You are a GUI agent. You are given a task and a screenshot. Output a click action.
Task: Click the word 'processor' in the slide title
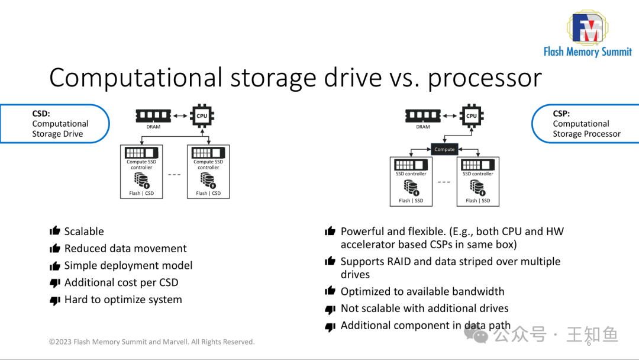tap(485, 78)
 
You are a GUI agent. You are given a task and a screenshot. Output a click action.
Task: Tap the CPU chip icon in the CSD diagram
tap(202, 115)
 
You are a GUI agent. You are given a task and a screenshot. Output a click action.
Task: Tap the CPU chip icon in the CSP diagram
tap(471, 115)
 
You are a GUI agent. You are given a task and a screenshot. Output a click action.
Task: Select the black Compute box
tap(444, 149)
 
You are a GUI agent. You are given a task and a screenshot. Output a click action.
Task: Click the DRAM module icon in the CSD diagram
tap(153, 115)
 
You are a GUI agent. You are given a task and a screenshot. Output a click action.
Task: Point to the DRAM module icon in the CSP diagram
tap(423, 115)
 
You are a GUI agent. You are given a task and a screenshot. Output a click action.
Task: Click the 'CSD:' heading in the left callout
tap(41, 114)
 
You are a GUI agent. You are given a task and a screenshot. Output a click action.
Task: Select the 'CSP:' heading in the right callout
tap(561, 114)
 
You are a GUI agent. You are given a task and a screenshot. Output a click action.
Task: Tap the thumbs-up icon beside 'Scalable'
tap(55, 232)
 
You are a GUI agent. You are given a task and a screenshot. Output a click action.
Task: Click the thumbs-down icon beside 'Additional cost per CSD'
tap(55, 283)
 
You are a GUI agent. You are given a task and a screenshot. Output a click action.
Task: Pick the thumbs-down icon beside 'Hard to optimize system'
tap(55, 300)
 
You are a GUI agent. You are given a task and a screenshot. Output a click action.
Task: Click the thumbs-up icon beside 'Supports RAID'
tap(330, 262)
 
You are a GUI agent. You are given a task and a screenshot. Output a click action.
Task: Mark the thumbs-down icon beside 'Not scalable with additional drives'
tap(330, 309)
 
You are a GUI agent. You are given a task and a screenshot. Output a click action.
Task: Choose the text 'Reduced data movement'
tap(125, 249)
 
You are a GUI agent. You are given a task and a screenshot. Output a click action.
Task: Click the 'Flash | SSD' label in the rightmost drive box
tap(477, 200)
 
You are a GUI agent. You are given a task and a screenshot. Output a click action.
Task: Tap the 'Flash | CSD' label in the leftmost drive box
tap(141, 193)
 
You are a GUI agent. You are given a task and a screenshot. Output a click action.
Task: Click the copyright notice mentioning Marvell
tap(151, 342)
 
